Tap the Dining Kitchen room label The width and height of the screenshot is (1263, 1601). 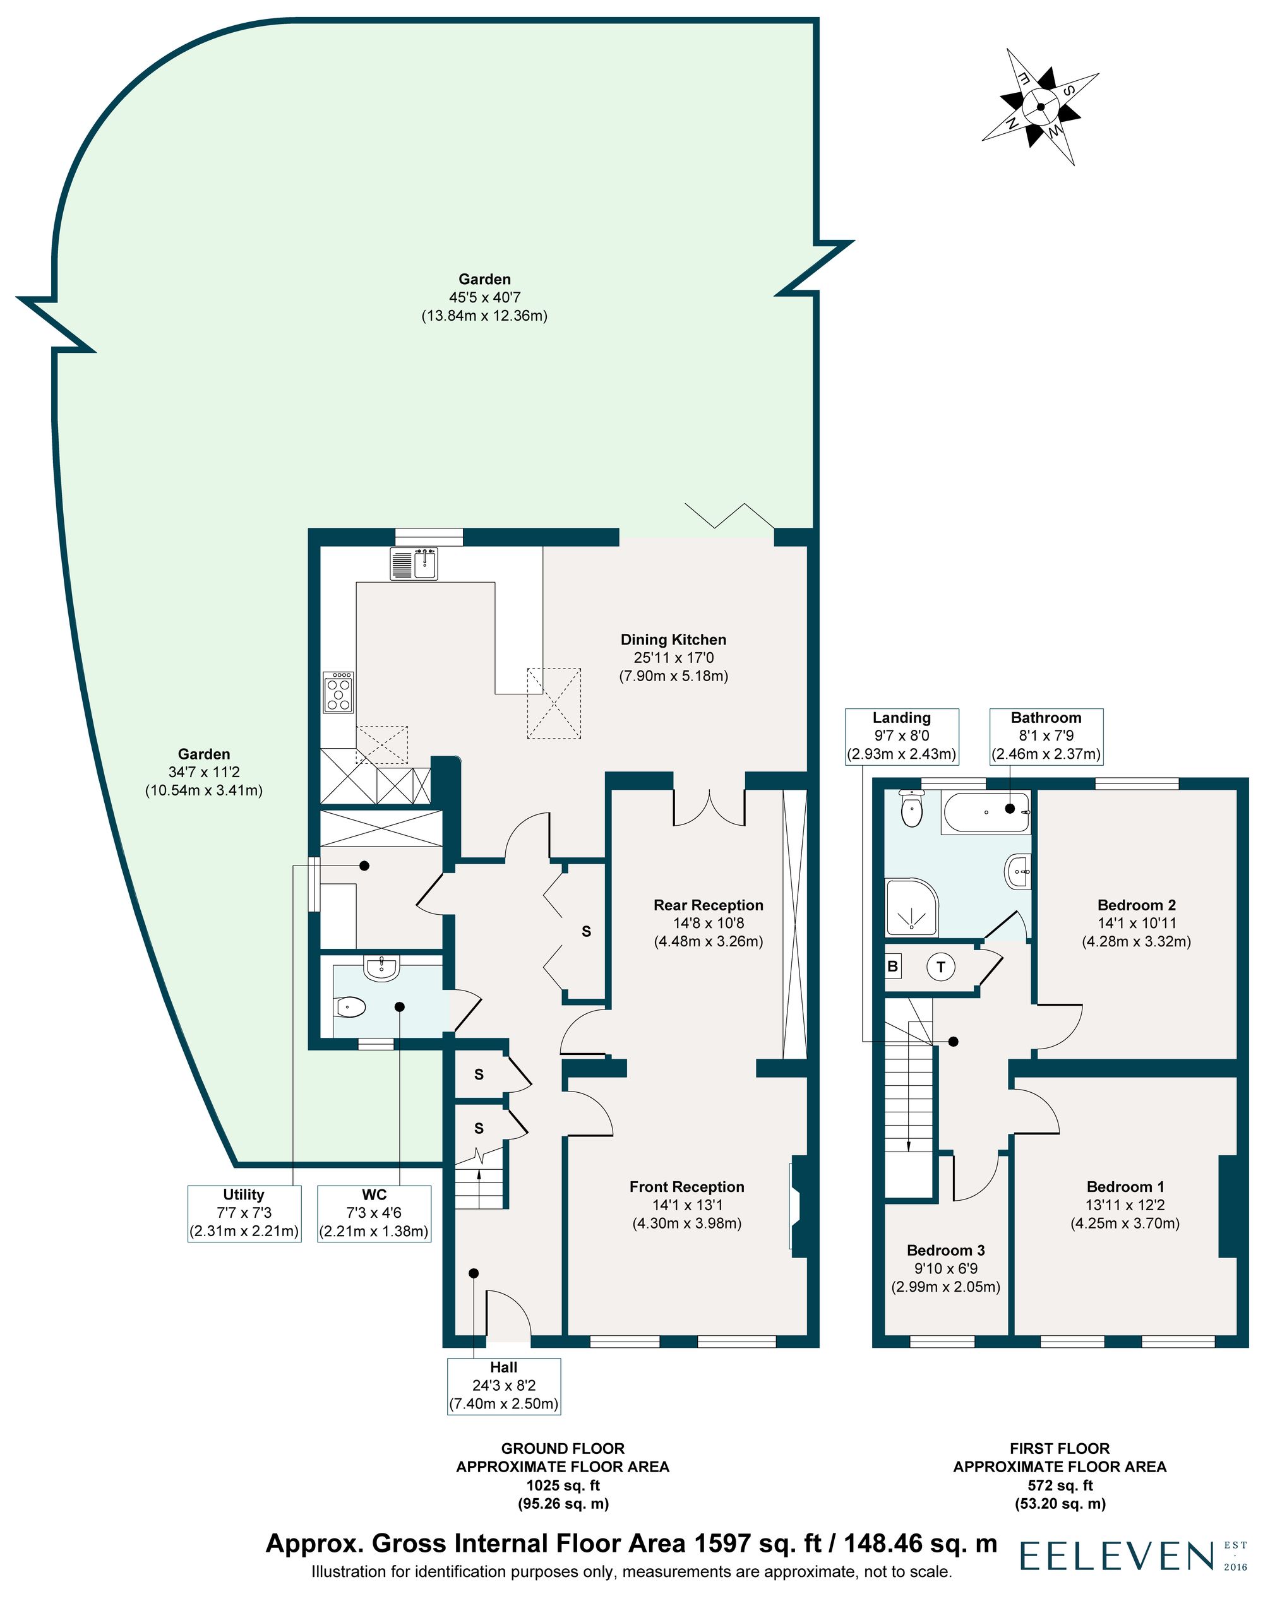[x=673, y=640]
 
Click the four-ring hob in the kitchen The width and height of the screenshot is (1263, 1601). [x=338, y=693]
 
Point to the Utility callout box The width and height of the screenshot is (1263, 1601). [x=244, y=1213]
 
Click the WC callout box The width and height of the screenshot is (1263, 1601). [x=374, y=1213]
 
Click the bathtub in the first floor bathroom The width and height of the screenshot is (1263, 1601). [x=985, y=813]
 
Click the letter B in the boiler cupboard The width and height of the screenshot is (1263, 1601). [x=892, y=966]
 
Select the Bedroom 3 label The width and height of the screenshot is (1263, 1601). [x=946, y=1251]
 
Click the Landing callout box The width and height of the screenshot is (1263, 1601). [x=901, y=736]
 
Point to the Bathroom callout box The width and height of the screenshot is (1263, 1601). [x=1046, y=736]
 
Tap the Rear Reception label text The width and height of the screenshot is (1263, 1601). [x=709, y=905]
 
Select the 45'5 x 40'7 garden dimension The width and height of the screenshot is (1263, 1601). [x=484, y=298]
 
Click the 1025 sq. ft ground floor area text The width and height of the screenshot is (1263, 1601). [x=563, y=1485]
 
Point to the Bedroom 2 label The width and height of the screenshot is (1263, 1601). [x=1137, y=905]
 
